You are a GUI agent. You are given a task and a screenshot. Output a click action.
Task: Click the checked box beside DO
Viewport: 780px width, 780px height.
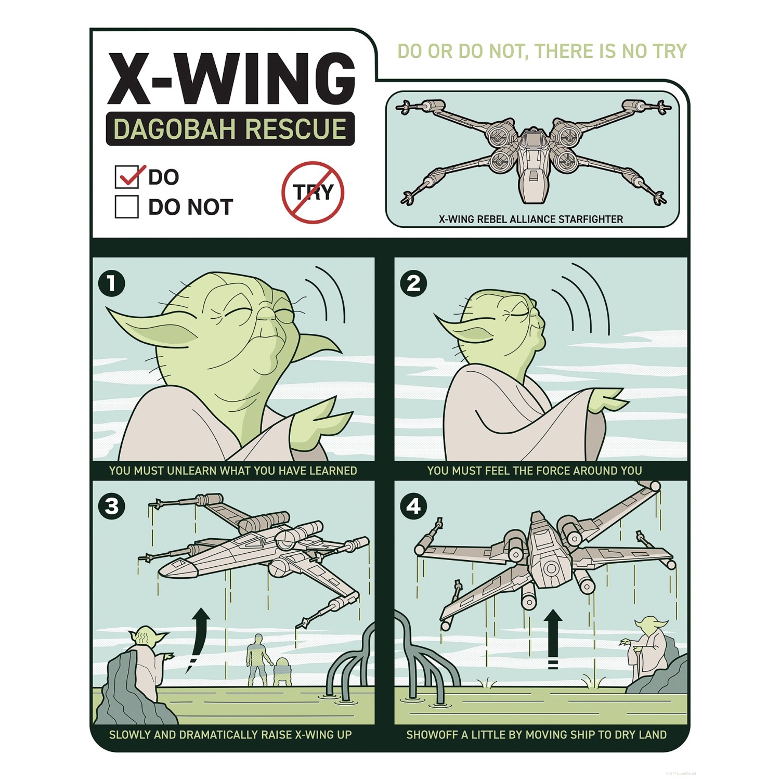126,177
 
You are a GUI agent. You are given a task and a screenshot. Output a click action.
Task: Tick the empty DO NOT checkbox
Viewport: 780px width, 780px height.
126,206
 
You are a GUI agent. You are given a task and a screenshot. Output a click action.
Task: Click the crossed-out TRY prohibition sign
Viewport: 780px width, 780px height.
313,192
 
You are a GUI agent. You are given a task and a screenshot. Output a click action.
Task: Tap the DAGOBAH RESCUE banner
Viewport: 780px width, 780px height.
230,129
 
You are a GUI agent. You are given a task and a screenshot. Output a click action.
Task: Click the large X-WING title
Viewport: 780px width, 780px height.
231,79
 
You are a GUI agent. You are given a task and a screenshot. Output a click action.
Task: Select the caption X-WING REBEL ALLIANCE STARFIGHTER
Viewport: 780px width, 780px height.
530,219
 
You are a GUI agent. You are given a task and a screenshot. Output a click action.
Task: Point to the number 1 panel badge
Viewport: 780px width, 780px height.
111,283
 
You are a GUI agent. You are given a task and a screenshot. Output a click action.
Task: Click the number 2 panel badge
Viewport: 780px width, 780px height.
413,283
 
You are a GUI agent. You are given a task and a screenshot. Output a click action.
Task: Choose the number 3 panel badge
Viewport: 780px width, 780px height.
111,506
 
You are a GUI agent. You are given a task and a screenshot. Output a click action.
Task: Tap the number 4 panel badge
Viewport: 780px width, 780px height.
413,506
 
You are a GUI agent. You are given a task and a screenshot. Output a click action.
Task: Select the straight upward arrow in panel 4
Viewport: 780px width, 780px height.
553,637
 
